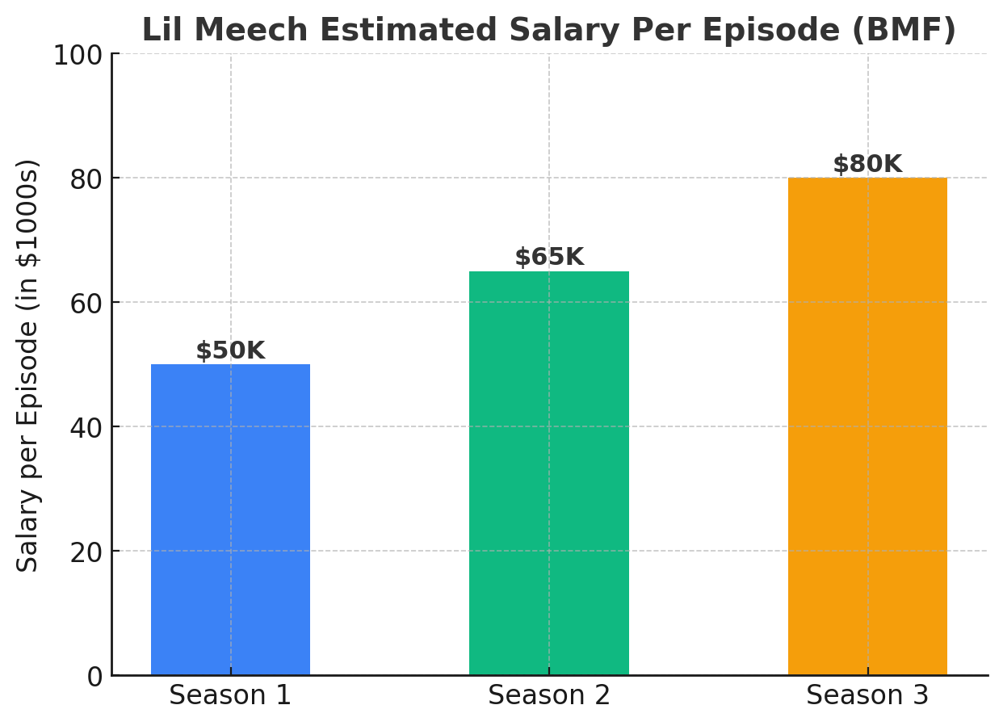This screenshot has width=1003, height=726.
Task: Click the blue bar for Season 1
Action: pyautogui.click(x=230, y=519)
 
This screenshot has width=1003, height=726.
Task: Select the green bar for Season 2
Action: pyautogui.click(x=549, y=473)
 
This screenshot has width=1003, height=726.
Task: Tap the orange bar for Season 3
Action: pyautogui.click(x=867, y=426)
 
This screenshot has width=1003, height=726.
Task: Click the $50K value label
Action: pyautogui.click(x=230, y=351)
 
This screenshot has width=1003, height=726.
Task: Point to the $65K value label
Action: pyautogui.click(x=549, y=258)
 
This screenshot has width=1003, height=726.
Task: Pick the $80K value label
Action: pyautogui.click(x=867, y=165)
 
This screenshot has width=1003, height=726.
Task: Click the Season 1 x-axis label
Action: pyautogui.click(x=230, y=696)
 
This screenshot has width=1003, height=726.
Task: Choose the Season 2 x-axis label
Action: pyautogui.click(x=549, y=696)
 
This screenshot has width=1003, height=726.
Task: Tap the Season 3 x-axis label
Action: pyautogui.click(x=867, y=696)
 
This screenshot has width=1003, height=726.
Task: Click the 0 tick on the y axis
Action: pyautogui.click(x=94, y=677)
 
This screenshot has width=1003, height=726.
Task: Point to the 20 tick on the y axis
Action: pyautogui.click(x=86, y=552)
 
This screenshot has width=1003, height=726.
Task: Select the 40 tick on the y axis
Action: pyautogui.click(x=86, y=428)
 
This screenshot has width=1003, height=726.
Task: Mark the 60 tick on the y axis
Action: pyautogui.click(x=86, y=304)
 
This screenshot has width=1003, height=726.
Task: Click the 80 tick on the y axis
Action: pyautogui.click(x=86, y=179)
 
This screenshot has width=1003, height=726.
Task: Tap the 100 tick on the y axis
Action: pyautogui.click(x=78, y=56)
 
